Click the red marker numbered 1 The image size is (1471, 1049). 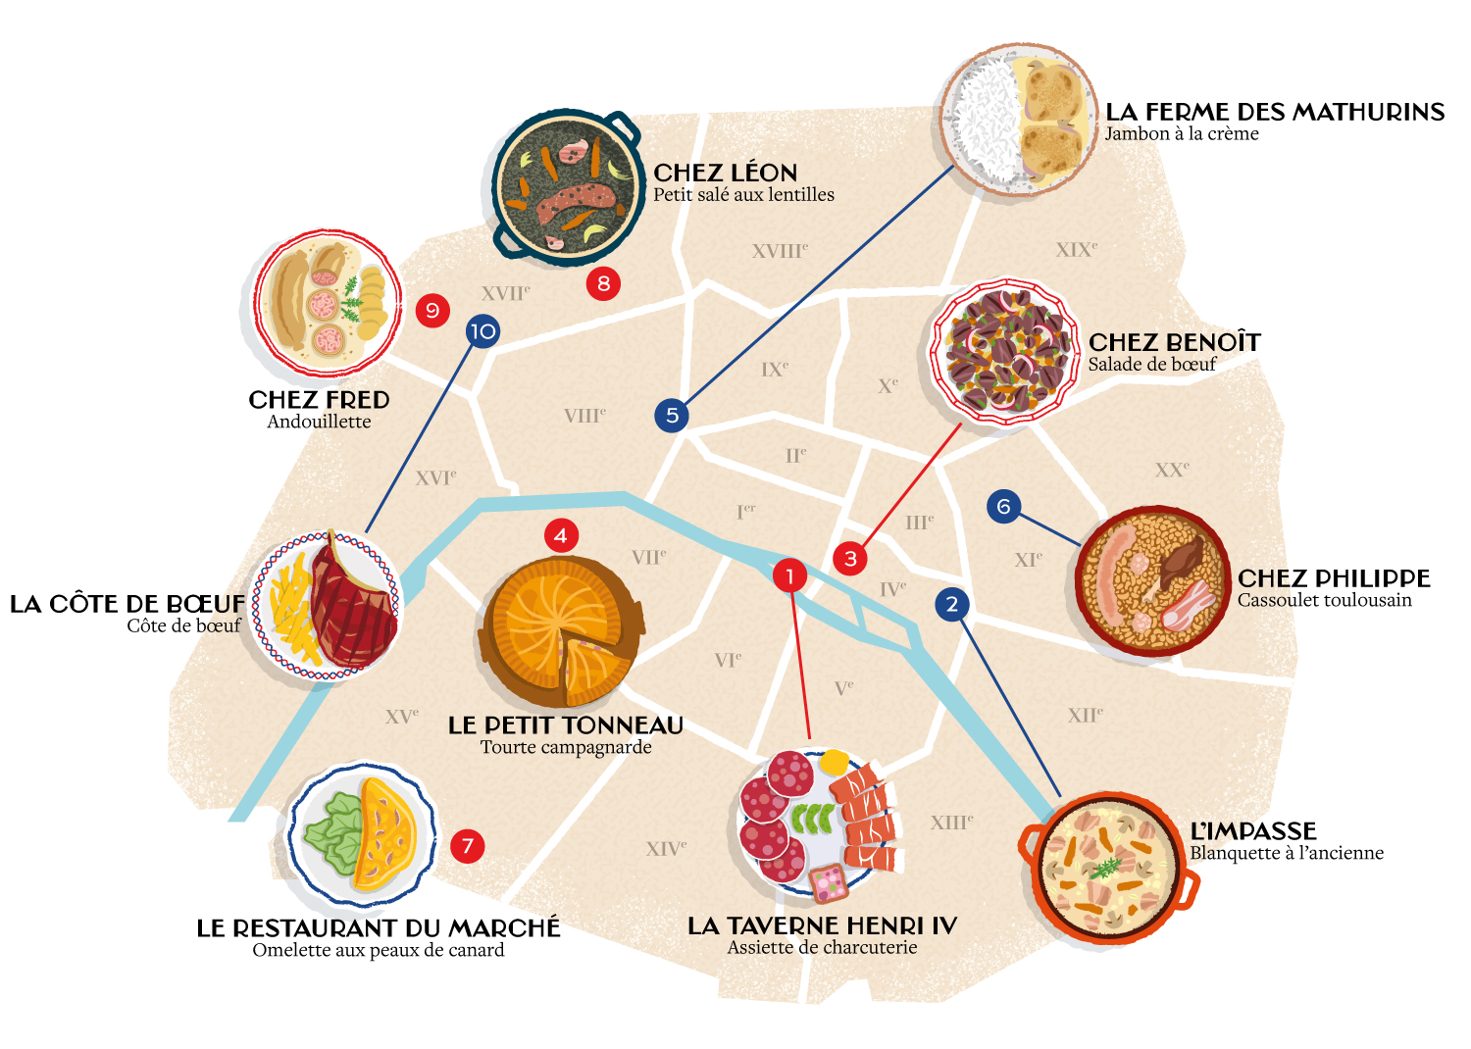pyautogui.click(x=789, y=575)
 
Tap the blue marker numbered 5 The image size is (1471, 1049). pyautogui.click(x=672, y=415)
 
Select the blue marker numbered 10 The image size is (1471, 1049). pyautogui.click(x=482, y=331)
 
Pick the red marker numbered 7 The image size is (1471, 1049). pyautogui.click(x=468, y=846)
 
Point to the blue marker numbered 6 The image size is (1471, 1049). pyautogui.click(x=1003, y=506)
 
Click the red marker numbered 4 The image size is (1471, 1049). pyautogui.click(x=560, y=535)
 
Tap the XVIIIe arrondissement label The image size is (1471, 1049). pyautogui.click(x=780, y=251)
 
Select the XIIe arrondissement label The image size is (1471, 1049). pyautogui.click(x=1085, y=715)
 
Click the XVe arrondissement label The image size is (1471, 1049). pyautogui.click(x=401, y=717)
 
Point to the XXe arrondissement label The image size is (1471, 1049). pyautogui.click(x=1172, y=470)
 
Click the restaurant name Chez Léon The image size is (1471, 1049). pyautogui.click(x=725, y=173)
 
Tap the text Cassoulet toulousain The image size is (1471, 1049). pyautogui.click(x=1324, y=600)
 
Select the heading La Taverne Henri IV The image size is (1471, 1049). pyautogui.click(x=822, y=925)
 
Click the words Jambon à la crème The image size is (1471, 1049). pyautogui.click(x=1182, y=134)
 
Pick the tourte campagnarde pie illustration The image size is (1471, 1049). pyautogui.click(x=561, y=631)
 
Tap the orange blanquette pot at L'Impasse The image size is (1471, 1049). pyautogui.click(x=1110, y=868)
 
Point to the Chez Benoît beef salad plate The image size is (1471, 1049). pyautogui.click(x=1005, y=351)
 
